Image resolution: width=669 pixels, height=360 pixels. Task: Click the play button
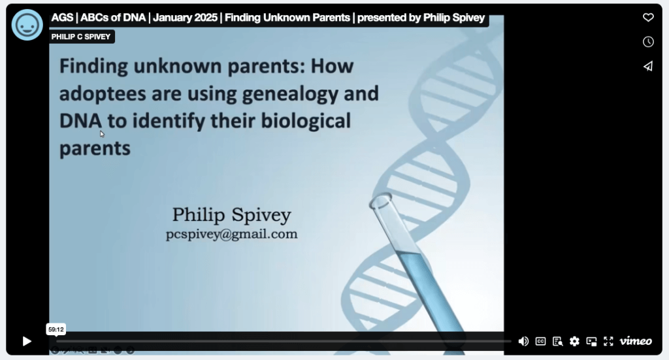27,341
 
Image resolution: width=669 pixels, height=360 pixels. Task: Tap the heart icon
648,18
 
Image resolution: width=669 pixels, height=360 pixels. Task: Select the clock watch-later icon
648,42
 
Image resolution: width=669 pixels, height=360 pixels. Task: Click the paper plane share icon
648,66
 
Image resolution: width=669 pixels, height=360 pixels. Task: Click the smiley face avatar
27,25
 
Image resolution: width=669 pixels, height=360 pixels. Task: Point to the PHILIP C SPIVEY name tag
80,37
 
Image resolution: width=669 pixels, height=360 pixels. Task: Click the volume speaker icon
523,341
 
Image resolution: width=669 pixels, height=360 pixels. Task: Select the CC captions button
540,341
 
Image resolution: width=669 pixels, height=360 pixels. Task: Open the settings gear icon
574,341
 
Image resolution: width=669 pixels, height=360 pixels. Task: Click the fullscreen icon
608,341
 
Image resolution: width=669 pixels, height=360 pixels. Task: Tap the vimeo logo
636,341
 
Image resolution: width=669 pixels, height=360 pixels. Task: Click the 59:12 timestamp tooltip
56,329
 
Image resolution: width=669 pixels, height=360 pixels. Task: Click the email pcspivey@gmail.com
232,234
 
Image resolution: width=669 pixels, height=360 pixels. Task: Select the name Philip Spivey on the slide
232,214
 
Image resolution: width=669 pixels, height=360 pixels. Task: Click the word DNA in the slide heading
80,121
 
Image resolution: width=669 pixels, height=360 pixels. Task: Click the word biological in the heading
306,122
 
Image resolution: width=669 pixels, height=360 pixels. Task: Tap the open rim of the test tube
380,200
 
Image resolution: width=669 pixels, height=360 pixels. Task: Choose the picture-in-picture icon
591,341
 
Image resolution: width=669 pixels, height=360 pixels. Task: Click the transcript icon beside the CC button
557,341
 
